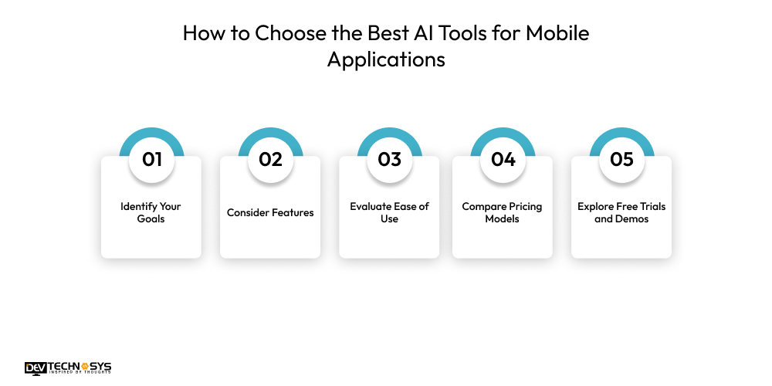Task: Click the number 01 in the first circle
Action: tap(151, 160)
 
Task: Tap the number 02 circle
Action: tap(270, 160)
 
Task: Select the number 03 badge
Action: tap(389, 160)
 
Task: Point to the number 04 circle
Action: tap(503, 160)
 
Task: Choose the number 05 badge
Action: tap(621, 160)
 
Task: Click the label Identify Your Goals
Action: tap(151, 212)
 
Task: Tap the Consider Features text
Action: tap(270, 212)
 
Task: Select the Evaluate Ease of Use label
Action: tap(389, 212)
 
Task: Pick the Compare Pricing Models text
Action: tap(503, 212)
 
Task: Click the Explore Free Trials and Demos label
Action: tap(621, 212)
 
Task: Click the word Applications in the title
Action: tap(386, 59)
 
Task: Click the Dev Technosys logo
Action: tap(68, 368)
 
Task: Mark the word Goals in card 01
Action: tap(151, 219)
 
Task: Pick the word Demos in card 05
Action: tap(632, 219)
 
